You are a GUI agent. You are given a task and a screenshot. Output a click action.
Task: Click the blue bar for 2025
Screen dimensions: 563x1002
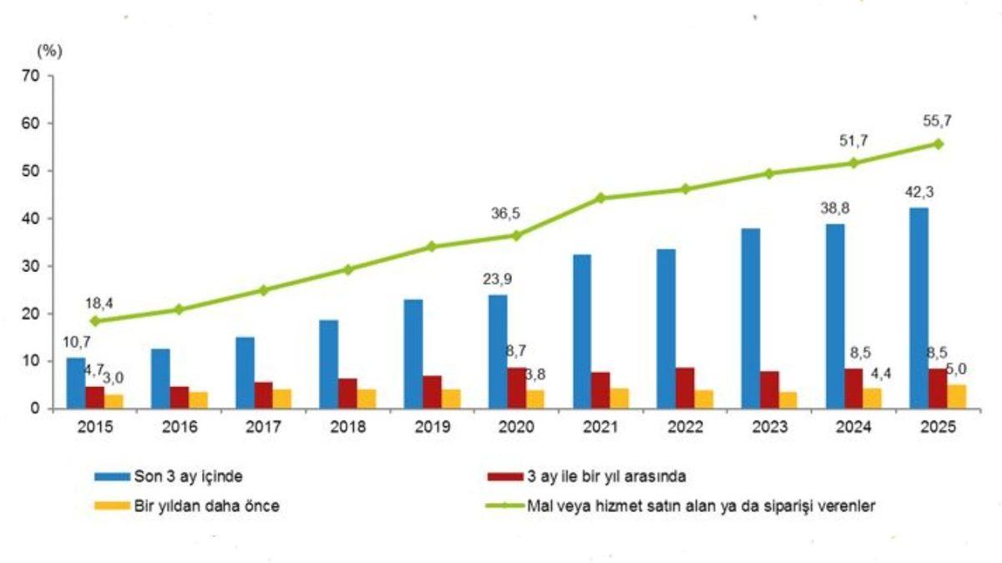[918, 308]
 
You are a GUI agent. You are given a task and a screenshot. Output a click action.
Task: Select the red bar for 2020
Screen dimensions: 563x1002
[518, 388]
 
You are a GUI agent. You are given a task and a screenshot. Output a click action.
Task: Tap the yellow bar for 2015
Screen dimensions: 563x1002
[115, 401]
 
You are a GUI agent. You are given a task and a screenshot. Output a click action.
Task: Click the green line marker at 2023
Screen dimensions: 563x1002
[769, 173]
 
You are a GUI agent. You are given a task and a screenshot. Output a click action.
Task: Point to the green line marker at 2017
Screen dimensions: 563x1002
[263, 290]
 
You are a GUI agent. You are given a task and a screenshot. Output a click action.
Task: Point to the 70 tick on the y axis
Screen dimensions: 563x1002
[33, 76]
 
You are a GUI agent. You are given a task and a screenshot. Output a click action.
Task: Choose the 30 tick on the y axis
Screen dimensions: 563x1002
[33, 266]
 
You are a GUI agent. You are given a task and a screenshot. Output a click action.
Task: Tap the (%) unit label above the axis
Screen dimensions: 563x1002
[49, 50]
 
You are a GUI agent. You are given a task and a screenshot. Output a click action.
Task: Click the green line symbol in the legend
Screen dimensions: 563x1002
[503, 505]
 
